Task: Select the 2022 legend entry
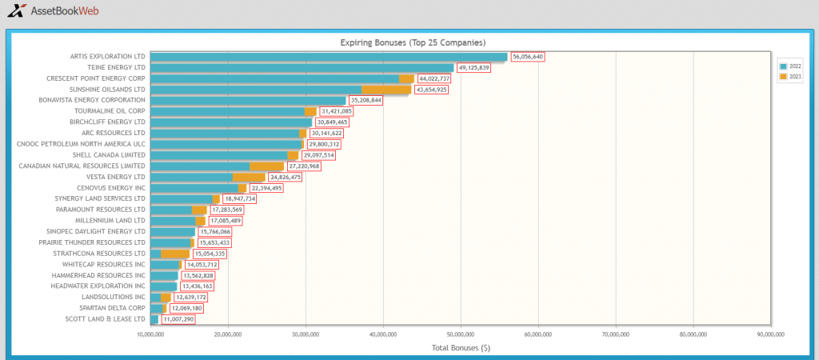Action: (791, 66)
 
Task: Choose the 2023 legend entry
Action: (791, 77)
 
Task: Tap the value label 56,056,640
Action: (528, 57)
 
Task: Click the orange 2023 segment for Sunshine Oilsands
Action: (386, 90)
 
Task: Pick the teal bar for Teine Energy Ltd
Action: (302, 67)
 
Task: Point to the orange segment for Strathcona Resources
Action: (175, 254)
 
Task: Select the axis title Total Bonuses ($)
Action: (461, 347)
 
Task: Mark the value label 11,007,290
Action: (178, 318)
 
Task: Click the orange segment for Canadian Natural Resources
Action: (267, 166)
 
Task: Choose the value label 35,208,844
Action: (366, 101)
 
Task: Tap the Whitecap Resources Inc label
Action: (104, 264)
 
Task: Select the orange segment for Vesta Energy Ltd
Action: (250, 177)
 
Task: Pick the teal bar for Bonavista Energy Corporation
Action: (248, 100)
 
